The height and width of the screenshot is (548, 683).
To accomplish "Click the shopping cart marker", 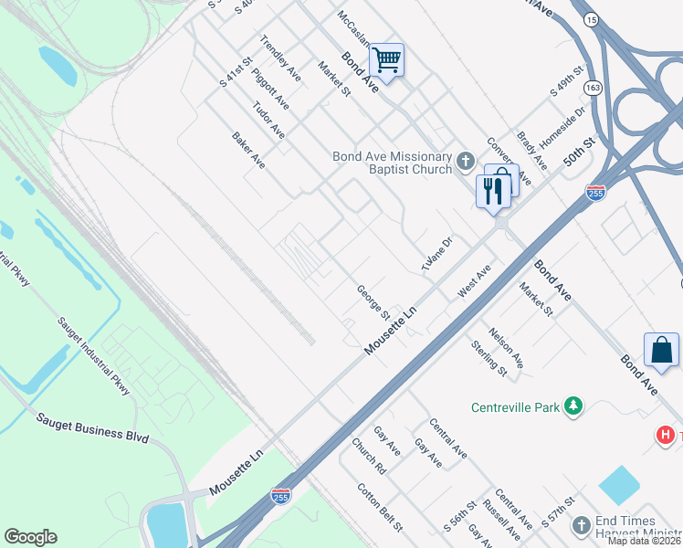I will point(386,60).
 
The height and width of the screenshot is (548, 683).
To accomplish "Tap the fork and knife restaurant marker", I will point(491,191).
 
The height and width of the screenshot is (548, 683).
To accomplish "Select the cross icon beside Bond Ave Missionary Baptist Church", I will point(465,162).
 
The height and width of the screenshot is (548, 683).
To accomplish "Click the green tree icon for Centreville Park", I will point(573,406).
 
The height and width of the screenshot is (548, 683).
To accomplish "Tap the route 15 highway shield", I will point(592,18).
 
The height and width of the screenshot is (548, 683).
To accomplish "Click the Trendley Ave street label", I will point(280,55).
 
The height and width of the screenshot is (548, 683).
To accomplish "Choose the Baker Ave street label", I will point(248,151).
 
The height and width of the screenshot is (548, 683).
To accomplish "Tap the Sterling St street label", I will point(489,358).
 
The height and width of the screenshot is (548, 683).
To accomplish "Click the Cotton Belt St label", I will point(380,508).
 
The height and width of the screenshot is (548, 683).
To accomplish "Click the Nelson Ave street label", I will point(506,348).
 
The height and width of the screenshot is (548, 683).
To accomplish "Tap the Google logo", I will point(30,537).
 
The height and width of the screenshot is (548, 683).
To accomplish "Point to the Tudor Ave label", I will point(269,120).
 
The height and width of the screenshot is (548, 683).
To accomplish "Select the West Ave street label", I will point(475,279).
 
